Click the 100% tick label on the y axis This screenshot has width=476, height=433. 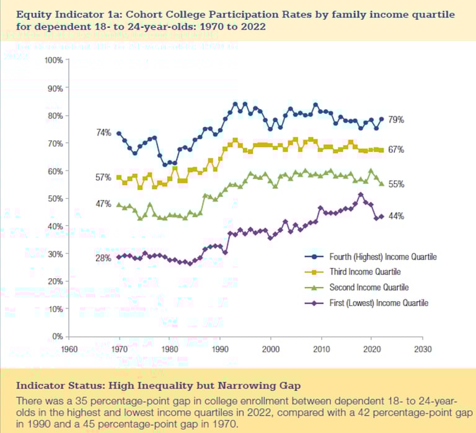click(x=53, y=60)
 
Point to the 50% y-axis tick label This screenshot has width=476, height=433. click(x=55, y=198)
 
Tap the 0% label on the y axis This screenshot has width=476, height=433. click(x=57, y=336)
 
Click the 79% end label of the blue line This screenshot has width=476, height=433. click(x=397, y=120)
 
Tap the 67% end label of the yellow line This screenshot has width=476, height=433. click(x=397, y=150)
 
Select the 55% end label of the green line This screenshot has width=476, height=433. click(x=397, y=185)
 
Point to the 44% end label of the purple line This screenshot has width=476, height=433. click(x=397, y=216)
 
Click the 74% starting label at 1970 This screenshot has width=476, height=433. click(x=104, y=133)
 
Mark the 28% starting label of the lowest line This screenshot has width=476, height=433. click(x=104, y=257)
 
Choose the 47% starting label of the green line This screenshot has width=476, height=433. click(x=104, y=203)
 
